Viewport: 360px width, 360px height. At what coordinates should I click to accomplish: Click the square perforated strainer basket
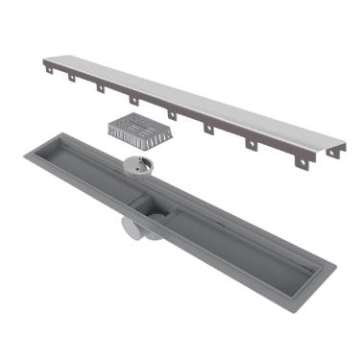(132, 128)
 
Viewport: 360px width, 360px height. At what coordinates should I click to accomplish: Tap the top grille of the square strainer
(132, 121)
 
